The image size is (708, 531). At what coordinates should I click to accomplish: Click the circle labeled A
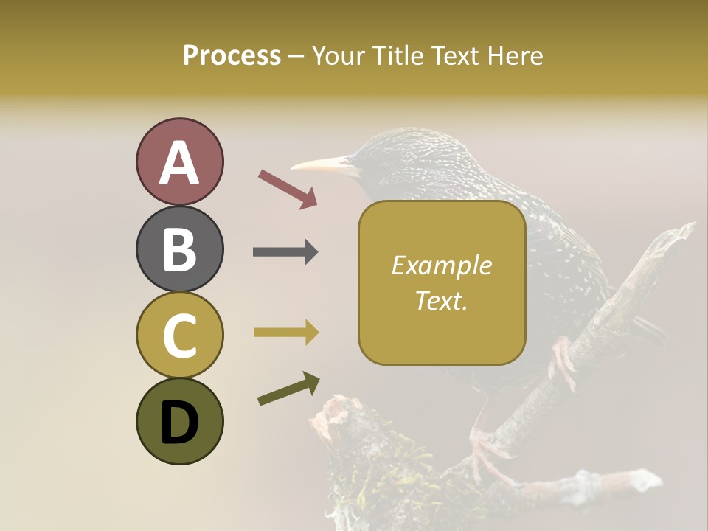pyautogui.click(x=179, y=162)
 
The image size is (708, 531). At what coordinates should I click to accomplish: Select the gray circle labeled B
pyautogui.click(x=179, y=249)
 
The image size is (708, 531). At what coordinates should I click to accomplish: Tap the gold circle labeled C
pyautogui.click(x=179, y=336)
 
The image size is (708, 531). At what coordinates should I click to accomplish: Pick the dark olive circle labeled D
pyautogui.click(x=179, y=421)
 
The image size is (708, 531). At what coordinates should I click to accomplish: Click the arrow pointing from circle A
pyautogui.click(x=288, y=188)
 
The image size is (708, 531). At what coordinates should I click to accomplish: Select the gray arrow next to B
pyautogui.click(x=285, y=252)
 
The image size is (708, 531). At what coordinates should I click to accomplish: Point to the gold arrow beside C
pyautogui.click(x=285, y=333)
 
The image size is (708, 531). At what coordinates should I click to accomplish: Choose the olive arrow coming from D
pyautogui.click(x=288, y=389)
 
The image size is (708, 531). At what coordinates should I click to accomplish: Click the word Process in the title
pyautogui.click(x=232, y=55)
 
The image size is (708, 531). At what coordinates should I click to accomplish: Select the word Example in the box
pyautogui.click(x=441, y=265)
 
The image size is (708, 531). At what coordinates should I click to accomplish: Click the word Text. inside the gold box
pyautogui.click(x=441, y=300)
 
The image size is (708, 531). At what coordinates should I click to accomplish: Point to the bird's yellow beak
pyautogui.click(x=324, y=164)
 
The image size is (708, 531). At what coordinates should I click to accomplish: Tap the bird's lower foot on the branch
pyautogui.click(x=487, y=454)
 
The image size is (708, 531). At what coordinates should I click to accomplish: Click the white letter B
pyautogui.click(x=179, y=249)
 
